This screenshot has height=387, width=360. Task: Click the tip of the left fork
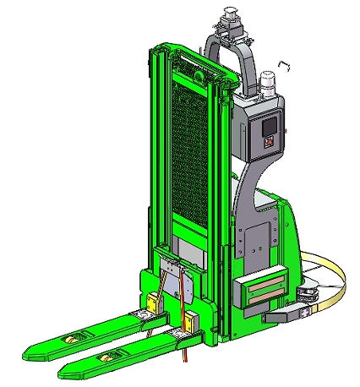(x=34, y=347)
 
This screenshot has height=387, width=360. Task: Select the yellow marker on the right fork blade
(x=107, y=357)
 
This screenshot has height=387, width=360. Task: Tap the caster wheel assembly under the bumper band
(x=309, y=295)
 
